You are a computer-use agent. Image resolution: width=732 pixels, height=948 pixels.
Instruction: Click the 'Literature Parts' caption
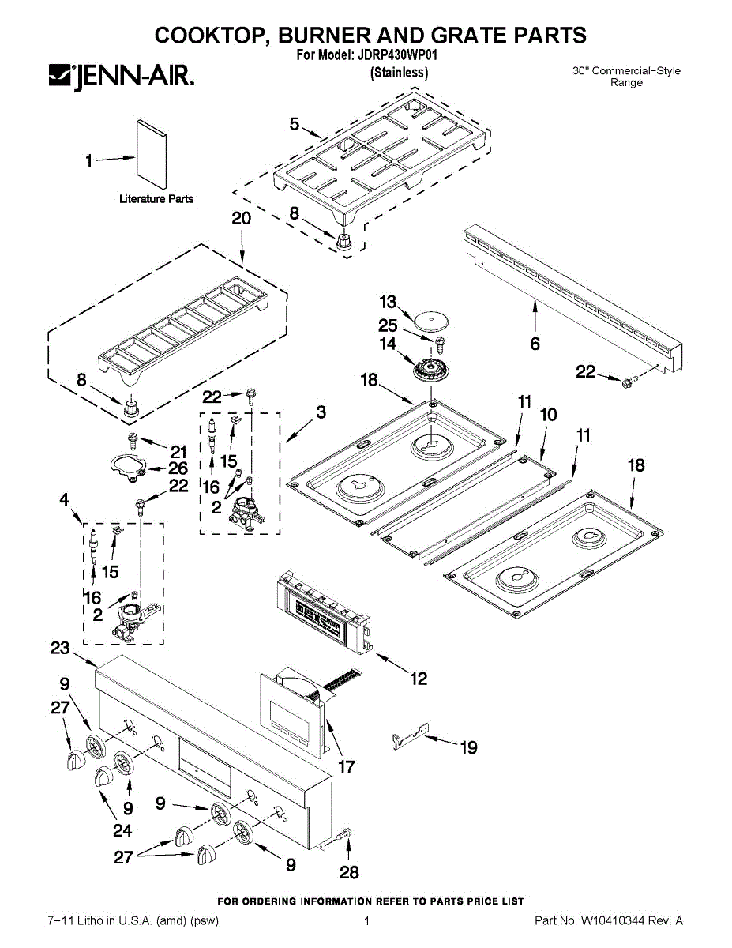[x=156, y=199]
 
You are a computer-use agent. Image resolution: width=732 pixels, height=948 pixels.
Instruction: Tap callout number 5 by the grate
[x=294, y=124]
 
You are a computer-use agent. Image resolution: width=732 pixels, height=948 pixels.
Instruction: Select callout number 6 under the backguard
[x=535, y=344]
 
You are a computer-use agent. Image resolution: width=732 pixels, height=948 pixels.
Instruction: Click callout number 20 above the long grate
[x=242, y=219]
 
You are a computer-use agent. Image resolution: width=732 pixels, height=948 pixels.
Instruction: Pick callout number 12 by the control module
[x=419, y=677]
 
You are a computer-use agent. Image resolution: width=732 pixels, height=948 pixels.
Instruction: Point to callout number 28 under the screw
[x=348, y=872]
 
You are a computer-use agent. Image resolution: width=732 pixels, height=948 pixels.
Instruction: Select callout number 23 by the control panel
[x=60, y=648]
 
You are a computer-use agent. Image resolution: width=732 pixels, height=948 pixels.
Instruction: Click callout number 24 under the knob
[x=122, y=830]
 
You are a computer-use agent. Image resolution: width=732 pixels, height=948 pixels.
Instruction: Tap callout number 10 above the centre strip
[x=548, y=416]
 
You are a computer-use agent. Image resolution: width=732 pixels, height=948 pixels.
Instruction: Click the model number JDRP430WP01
[x=399, y=55]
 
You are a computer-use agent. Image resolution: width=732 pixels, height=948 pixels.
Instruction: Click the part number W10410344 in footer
[x=616, y=921]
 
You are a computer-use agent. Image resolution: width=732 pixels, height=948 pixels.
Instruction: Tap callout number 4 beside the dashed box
[x=65, y=499]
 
